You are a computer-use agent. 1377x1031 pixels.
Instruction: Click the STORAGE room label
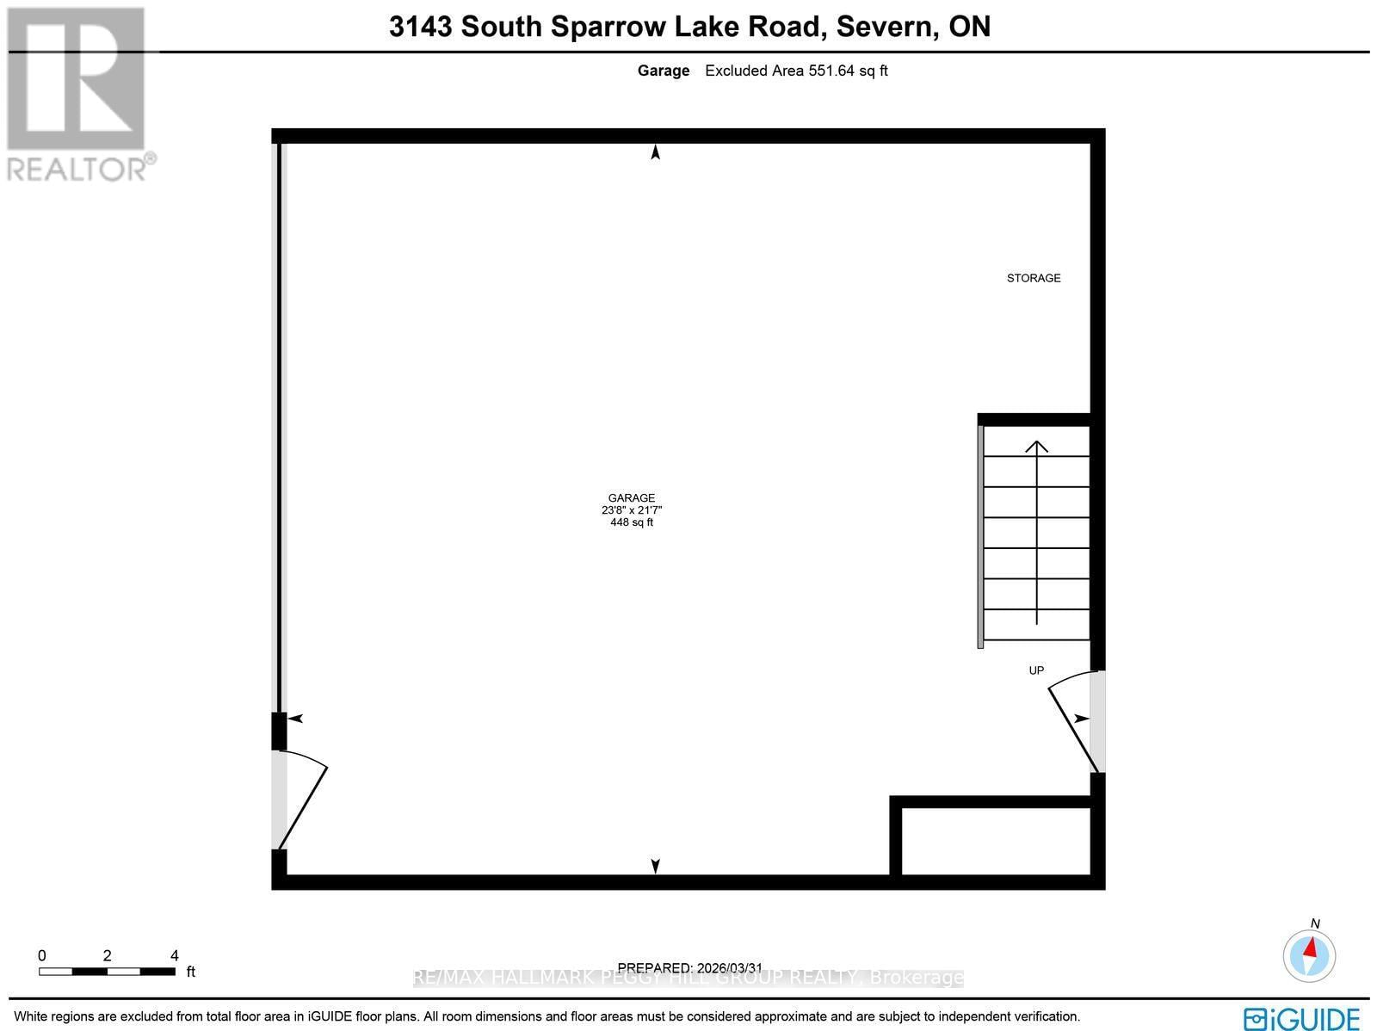[1034, 278]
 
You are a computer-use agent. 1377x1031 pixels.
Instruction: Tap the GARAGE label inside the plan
[632, 497]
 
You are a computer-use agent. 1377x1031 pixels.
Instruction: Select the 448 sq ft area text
[632, 522]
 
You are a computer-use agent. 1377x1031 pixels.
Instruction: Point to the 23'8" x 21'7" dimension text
[632, 510]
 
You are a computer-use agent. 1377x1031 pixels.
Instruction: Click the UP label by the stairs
[1036, 670]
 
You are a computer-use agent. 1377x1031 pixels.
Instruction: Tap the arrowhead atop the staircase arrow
[1037, 447]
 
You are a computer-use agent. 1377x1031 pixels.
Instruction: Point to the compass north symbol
[1309, 955]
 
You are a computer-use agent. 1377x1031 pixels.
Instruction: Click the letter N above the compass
[1315, 923]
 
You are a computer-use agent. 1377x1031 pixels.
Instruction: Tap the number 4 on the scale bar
[175, 955]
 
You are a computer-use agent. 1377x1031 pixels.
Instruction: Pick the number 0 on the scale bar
[42, 955]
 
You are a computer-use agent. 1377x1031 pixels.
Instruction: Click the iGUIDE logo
[1302, 1018]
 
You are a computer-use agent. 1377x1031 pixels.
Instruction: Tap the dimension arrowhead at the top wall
[656, 152]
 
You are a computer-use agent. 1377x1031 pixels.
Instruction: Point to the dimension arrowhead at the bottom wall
[656, 867]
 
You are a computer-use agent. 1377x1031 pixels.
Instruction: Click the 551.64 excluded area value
[831, 71]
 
